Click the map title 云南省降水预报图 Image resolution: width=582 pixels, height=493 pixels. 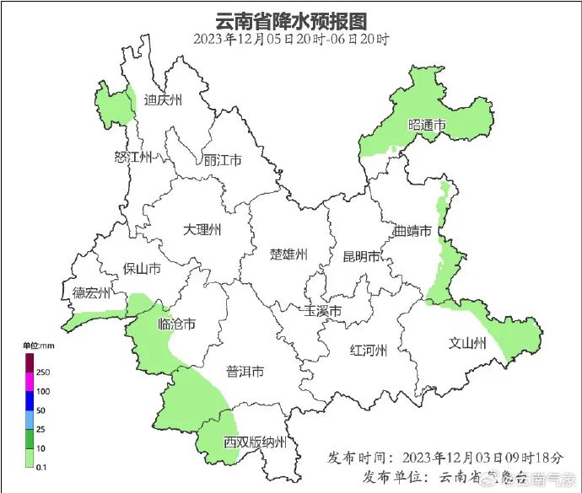click(x=291, y=19)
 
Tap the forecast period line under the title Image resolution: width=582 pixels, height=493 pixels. click(x=291, y=39)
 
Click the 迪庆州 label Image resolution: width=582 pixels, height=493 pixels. click(x=163, y=100)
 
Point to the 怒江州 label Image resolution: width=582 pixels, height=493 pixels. click(x=132, y=158)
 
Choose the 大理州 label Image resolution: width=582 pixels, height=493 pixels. click(x=202, y=228)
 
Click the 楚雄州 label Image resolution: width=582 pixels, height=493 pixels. click(x=288, y=255)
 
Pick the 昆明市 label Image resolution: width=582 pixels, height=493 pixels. click(x=361, y=256)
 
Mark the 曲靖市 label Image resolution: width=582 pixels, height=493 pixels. click(x=413, y=230)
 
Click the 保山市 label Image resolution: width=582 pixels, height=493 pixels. click(x=142, y=269)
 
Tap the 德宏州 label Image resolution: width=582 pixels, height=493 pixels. click(x=91, y=293)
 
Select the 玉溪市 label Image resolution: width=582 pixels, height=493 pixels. click(x=323, y=311)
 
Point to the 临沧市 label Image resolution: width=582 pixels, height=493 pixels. click(x=177, y=324)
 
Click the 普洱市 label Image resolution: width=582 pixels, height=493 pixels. click(x=245, y=372)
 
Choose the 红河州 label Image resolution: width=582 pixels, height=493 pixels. click(x=368, y=351)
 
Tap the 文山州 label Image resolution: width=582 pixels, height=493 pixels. click(x=466, y=343)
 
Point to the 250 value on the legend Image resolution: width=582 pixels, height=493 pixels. click(x=44, y=372)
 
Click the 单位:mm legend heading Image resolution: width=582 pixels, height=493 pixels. click(x=38, y=346)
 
